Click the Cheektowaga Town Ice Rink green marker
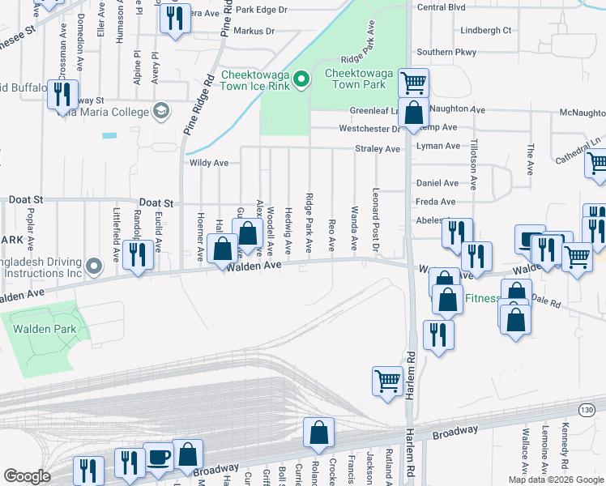[301, 79]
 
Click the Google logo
[27, 476]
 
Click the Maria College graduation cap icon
[160, 111]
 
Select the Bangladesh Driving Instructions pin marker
[96, 266]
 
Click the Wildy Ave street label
[209, 163]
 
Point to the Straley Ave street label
[378, 149]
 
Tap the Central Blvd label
[441, 7]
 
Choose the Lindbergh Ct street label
[485, 31]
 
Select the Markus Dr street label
[254, 32]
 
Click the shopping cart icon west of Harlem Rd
[387, 379]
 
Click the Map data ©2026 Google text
[556, 480]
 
